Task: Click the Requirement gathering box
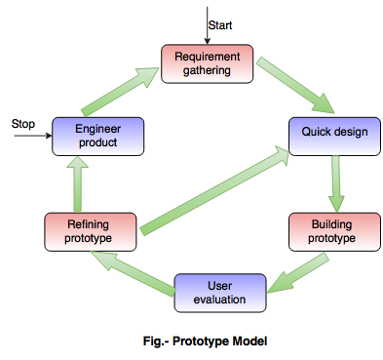[x=207, y=63]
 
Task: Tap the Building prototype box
[x=334, y=230]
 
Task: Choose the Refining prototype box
[x=89, y=230]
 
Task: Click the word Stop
[x=22, y=124]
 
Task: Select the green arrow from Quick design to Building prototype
[x=334, y=180]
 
